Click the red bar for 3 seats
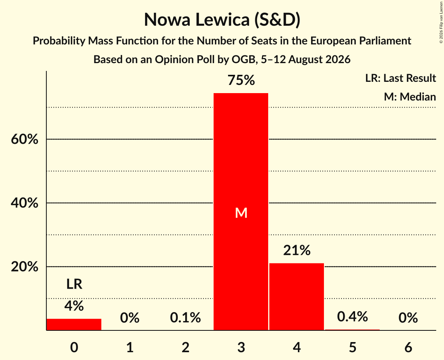(x=241, y=212)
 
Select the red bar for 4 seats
(x=297, y=296)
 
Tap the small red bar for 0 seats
(x=74, y=324)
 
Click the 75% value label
(x=241, y=80)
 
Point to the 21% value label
(x=297, y=251)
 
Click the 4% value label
(x=74, y=306)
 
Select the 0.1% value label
(x=186, y=318)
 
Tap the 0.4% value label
(x=352, y=316)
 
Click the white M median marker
(x=241, y=213)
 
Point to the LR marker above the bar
(x=74, y=284)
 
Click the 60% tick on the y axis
(x=25, y=139)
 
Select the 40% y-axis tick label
(x=25, y=203)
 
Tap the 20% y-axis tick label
(x=25, y=266)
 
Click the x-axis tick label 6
(x=408, y=347)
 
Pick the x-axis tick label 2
(x=186, y=347)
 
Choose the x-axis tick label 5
(x=352, y=347)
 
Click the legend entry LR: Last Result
(x=400, y=78)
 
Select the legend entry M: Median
(x=410, y=97)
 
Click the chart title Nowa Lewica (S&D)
(x=222, y=19)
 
